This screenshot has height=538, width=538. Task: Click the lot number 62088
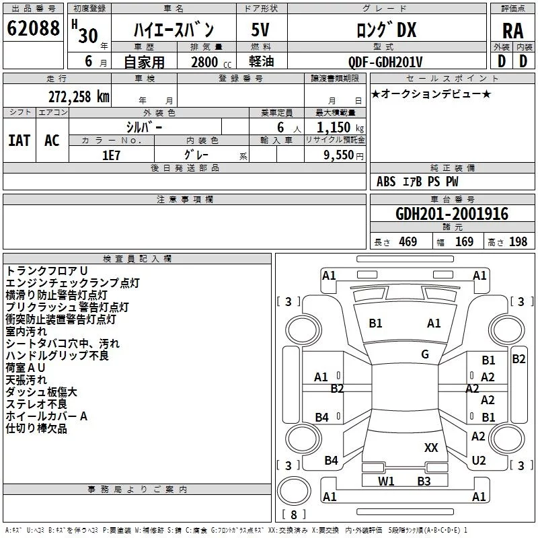click(x=33, y=28)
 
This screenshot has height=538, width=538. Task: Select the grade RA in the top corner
click(x=513, y=31)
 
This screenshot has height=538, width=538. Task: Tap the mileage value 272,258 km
click(x=79, y=97)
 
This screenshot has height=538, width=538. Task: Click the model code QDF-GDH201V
click(x=385, y=62)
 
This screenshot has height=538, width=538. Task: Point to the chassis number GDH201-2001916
click(x=452, y=214)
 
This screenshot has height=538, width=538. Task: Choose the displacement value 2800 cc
click(x=211, y=62)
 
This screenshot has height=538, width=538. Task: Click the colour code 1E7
click(x=111, y=155)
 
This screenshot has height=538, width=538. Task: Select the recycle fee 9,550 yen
click(x=344, y=155)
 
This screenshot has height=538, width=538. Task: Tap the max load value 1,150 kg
click(x=340, y=128)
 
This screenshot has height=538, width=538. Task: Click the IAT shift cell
click(x=20, y=141)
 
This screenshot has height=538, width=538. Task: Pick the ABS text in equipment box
click(x=386, y=182)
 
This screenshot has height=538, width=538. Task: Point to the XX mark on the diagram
click(x=431, y=448)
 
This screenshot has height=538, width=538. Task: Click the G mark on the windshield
click(x=425, y=354)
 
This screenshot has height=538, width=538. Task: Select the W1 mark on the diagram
click(x=386, y=482)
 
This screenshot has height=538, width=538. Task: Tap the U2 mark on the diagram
click(x=479, y=461)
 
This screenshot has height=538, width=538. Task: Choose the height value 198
click(x=518, y=242)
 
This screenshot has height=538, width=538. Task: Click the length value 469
click(x=408, y=242)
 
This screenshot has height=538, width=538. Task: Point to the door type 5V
click(x=260, y=30)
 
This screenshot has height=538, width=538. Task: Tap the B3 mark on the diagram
click(x=424, y=482)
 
